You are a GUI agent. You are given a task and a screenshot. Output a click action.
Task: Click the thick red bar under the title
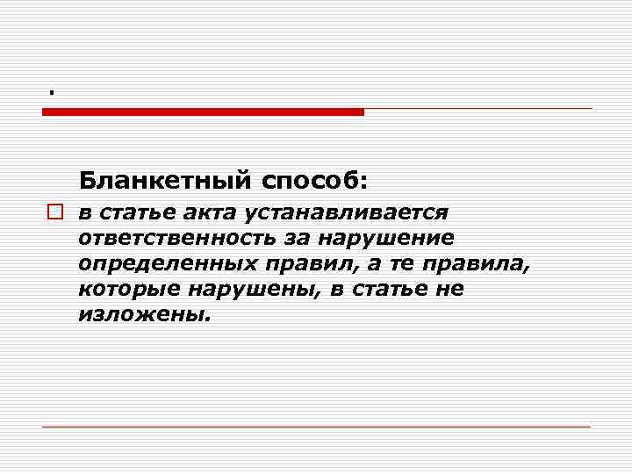[x=203, y=111]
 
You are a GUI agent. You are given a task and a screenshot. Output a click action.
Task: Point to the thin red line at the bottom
[x=316, y=427]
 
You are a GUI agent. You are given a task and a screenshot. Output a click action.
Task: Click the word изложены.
[x=145, y=314]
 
